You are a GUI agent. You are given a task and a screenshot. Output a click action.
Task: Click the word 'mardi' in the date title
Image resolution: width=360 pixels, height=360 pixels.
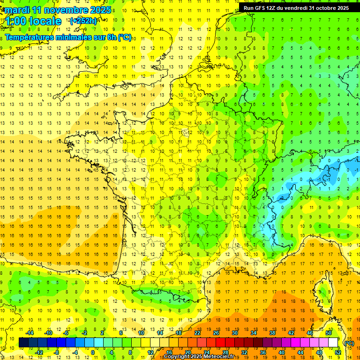[18, 10]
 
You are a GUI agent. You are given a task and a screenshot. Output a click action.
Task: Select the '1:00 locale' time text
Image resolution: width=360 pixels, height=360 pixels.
[33, 21]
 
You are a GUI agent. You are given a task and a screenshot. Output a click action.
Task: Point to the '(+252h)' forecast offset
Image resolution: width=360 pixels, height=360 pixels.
[83, 21]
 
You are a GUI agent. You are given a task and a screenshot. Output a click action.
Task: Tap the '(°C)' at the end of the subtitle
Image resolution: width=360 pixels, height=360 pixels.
[124, 37]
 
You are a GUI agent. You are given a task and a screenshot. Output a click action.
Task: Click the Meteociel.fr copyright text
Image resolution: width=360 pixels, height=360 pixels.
[205, 357]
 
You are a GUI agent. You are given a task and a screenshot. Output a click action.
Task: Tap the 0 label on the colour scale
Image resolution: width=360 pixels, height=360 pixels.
[93, 352]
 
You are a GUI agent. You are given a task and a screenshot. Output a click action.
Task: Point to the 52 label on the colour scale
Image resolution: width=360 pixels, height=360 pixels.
[337, 352]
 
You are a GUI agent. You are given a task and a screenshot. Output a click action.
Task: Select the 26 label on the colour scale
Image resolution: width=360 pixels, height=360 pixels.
[216, 333]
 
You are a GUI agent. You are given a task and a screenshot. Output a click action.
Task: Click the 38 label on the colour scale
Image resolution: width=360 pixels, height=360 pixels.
[272, 333]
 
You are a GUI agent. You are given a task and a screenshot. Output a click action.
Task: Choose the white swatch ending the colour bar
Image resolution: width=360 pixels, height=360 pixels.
[333, 343]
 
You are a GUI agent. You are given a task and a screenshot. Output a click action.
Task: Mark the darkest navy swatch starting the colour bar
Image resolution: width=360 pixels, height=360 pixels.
[23, 343]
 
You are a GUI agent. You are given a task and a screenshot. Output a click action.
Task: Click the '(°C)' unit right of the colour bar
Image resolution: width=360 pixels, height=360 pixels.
[349, 343]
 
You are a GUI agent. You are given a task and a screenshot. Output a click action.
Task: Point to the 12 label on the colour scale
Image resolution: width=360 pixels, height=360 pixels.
[150, 352]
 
